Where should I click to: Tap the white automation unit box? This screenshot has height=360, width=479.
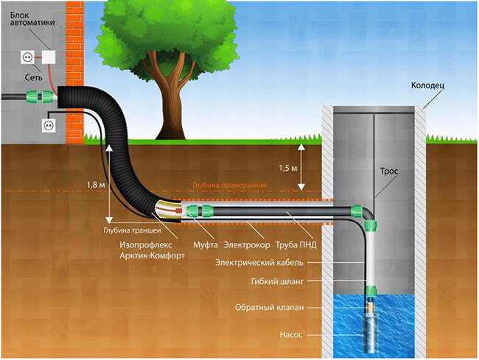49,57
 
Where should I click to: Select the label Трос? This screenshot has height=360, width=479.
389,171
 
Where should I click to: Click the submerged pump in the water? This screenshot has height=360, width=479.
371,324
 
